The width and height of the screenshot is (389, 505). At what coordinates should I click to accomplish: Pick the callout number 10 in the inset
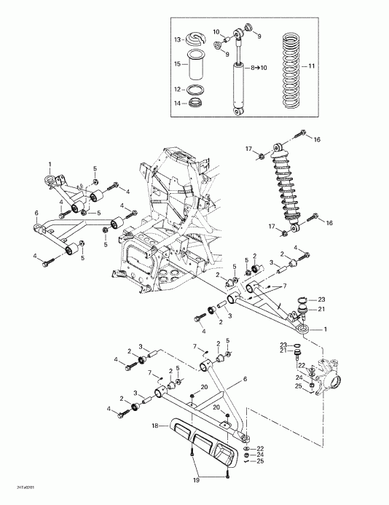(216, 31)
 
